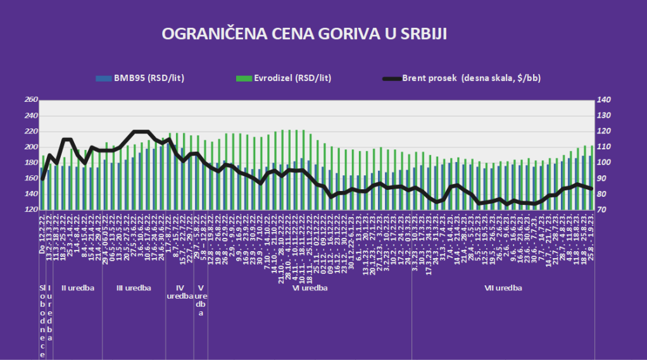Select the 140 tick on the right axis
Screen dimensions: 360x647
[603, 101]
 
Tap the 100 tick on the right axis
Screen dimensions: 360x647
[603, 163]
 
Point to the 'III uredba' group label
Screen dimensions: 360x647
[134, 289]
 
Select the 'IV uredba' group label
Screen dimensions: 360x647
[180, 292]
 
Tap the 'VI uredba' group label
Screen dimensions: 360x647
[310, 289]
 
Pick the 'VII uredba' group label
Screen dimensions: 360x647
[503, 289]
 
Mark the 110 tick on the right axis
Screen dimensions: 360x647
[603, 147]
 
